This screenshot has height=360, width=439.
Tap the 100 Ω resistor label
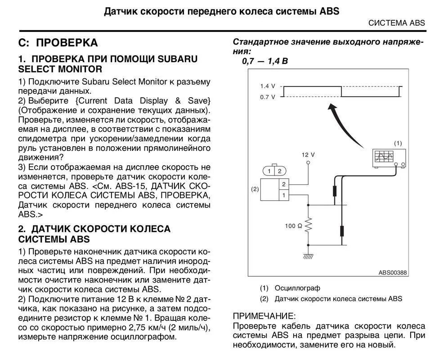click(x=293, y=225)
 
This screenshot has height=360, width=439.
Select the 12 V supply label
click(x=308, y=154)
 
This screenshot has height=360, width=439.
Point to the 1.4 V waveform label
click(x=267, y=86)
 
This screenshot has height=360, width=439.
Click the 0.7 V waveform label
click(x=267, y=97)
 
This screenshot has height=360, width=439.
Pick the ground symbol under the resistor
click(x=309, y=256)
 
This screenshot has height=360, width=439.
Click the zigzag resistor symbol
click(x=309, y=225)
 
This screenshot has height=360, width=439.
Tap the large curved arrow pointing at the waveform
click(x=342, y=121)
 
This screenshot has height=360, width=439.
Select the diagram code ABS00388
click(x=392, y=272)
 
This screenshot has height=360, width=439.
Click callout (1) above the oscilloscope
click(x=398, y=143)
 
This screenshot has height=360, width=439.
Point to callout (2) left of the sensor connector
click(x=255, y=189)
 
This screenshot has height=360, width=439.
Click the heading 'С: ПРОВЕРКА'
click(x=58, y=43)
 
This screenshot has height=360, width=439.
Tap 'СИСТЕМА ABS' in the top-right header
click(x=396, y=23)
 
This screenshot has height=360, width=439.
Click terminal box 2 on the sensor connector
click(x=283, y=184)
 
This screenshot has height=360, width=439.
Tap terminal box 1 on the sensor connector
click(x=283, y=195)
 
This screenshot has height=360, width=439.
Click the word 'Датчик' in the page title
click(x=121, y=10)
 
